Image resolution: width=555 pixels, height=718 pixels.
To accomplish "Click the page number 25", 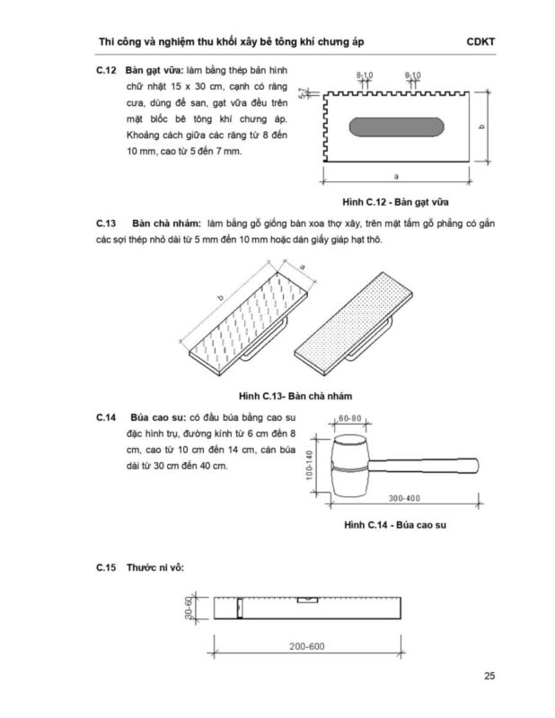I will point(489,677).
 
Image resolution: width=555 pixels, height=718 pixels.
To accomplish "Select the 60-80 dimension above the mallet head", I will point(349,418).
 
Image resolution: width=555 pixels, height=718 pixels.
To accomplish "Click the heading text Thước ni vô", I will point(155,567).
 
